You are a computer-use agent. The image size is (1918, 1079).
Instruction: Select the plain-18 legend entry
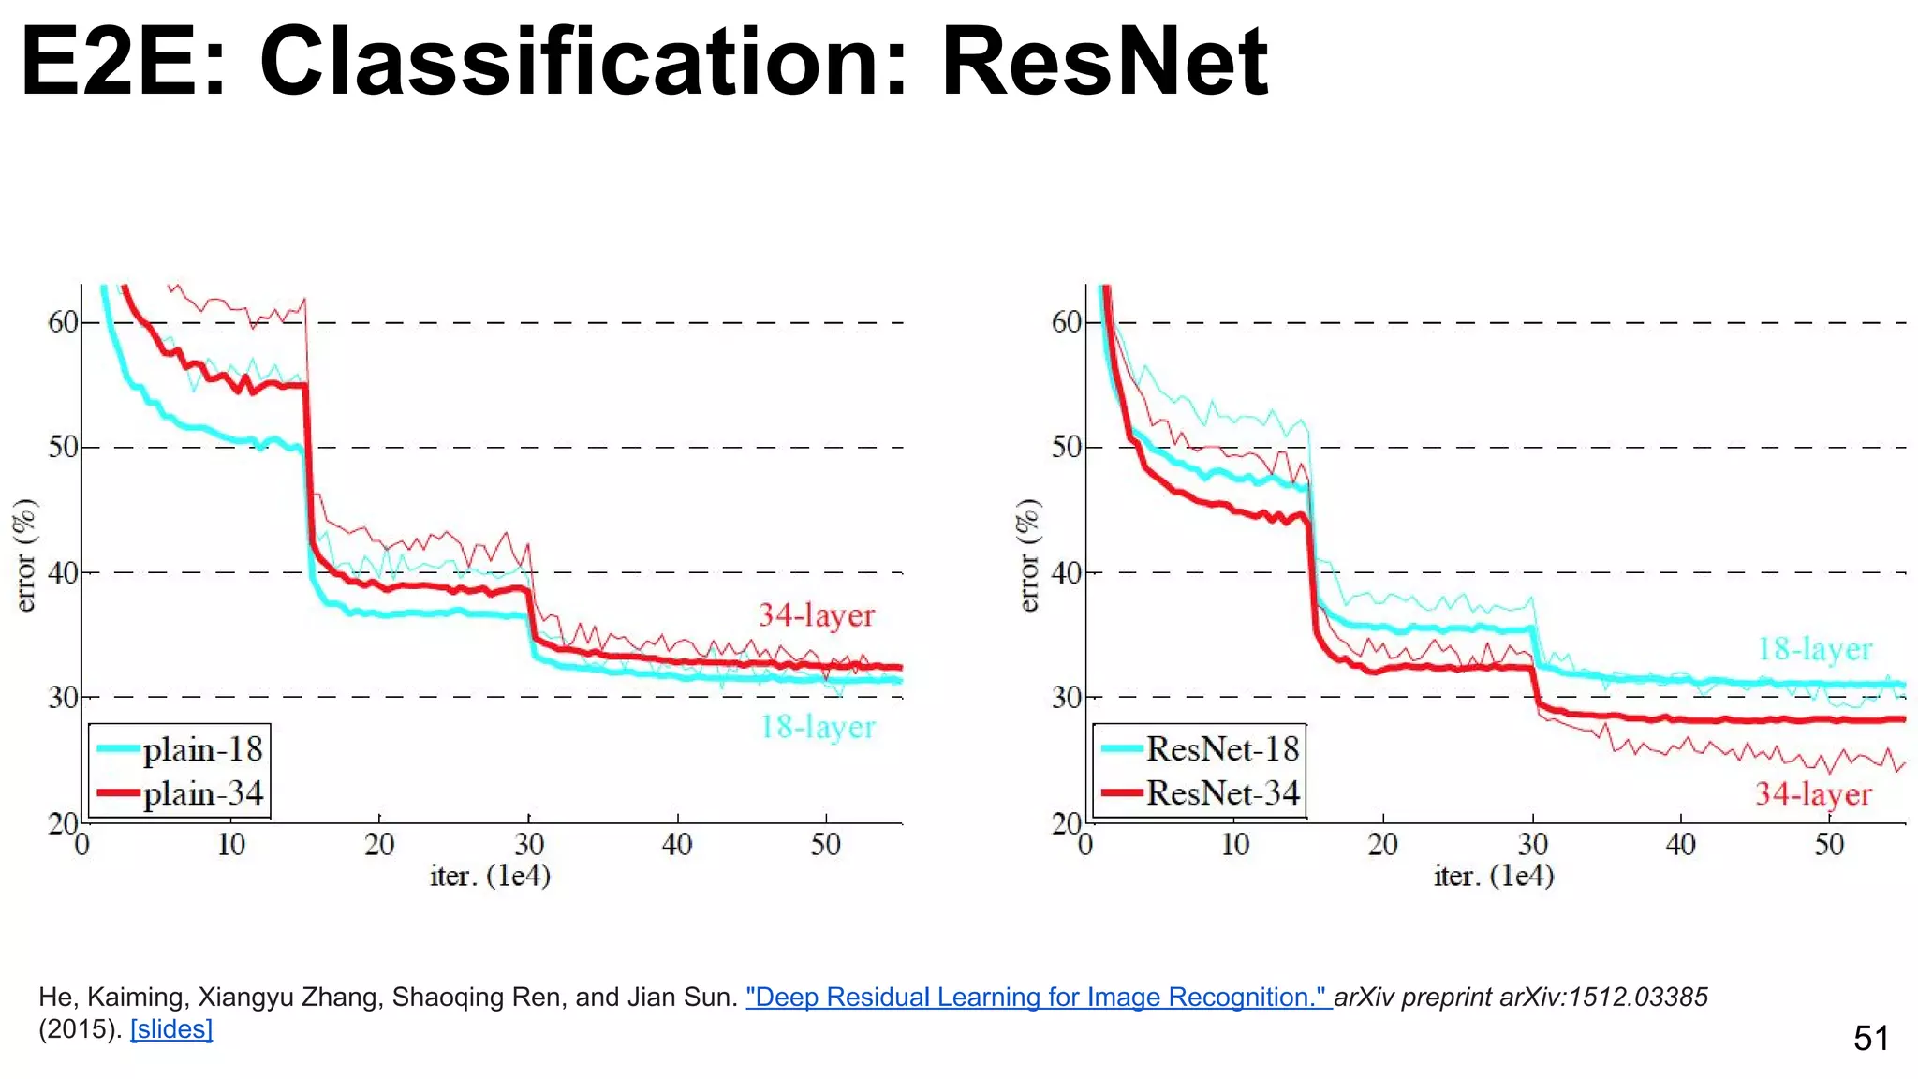tap(201, 749)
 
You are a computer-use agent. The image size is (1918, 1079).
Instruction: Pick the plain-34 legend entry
tap(201, 793)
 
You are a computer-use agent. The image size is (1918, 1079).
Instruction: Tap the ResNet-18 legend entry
tap(1221, 748)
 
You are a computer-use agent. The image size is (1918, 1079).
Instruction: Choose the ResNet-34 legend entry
tap(1221, 792)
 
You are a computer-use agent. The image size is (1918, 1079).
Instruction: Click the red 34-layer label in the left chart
tap(816, 615)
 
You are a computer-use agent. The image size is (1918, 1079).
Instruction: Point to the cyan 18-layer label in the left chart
tap(817, 727)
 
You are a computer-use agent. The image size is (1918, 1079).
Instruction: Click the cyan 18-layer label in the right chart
tap(1814, 649)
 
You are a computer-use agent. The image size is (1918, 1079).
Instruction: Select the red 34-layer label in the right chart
tap(1813, 794)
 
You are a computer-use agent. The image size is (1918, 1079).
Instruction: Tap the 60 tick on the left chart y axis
tap(63, 322)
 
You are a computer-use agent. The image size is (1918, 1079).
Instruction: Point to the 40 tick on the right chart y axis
tap(1067, 572)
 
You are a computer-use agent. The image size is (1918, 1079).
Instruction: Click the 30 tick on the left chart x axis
tap(529, 845)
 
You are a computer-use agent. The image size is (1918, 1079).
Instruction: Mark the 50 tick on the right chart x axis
tap(1829, 845)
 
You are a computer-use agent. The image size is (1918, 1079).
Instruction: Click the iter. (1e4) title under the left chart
tap(490, 876)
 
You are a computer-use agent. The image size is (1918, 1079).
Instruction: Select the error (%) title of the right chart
tap(1028, 555)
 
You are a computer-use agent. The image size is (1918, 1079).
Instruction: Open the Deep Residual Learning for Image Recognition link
tap(1037, 997)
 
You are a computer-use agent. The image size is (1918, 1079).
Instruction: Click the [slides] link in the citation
tap(171, 1029)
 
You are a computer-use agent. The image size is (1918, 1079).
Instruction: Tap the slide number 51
tap(1870, 1038)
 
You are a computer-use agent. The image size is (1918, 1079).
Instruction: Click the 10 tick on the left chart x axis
tap(230, 845)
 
